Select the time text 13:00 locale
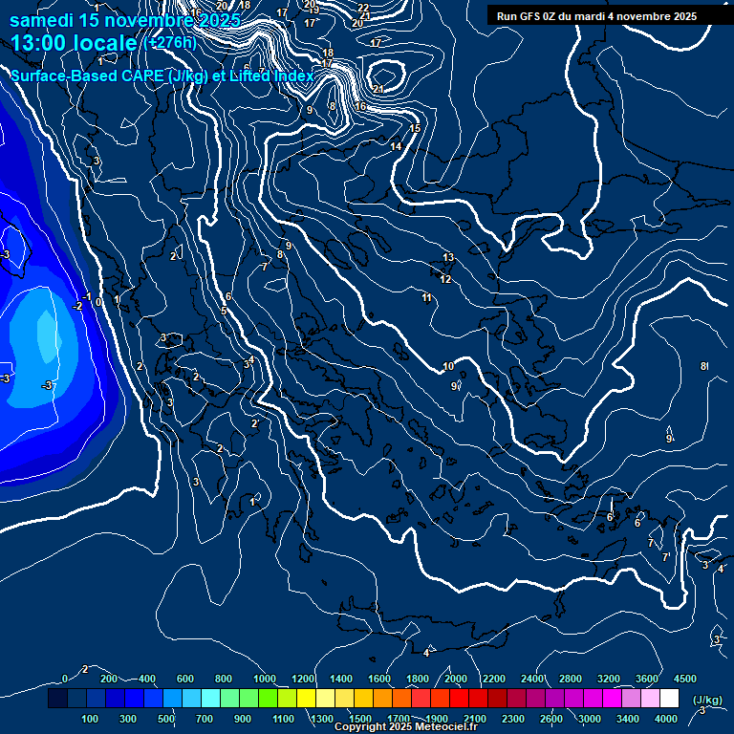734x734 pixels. click(76, 43)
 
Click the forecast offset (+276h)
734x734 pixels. click(170, 43)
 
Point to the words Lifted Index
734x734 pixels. click(268, 76)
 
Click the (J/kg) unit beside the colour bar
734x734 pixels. click(706, 701)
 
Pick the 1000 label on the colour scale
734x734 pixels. click(264, 679)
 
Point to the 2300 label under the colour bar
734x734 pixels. click(512, 719)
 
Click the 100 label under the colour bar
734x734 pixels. click(91, 719)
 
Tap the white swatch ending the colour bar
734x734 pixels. click(669, 700)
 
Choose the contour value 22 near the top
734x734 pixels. click(363, 8)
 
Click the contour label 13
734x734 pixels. click(448, 258)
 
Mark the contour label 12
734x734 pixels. click(445, 279)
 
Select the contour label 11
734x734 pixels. click(427, 298)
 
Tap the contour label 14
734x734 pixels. click(396, 146)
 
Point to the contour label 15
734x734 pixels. click(415, 128)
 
